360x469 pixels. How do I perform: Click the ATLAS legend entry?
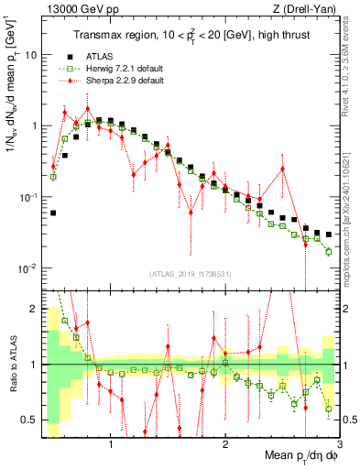[87, 56]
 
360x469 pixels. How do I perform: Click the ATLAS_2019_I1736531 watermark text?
[190, 274]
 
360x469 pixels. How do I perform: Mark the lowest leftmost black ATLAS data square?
[53, 213]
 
